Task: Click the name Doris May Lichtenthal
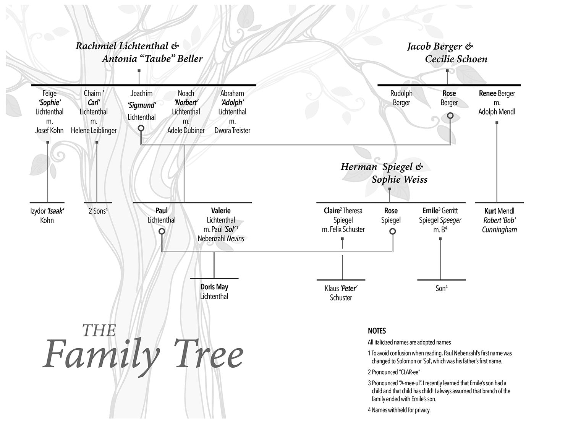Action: (214, 291)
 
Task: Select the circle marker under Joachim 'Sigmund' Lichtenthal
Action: (141, 128)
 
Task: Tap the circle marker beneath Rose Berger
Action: (450, 115)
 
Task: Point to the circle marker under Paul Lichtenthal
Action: (162, 231)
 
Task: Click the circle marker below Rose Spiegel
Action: (392, 231)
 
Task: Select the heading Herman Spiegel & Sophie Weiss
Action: (384, 173)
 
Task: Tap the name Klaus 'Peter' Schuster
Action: (341, 293)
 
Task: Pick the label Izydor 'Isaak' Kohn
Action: (47, 216)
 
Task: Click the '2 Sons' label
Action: (98, 211)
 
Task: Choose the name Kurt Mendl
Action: (499, 211)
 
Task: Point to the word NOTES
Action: (377, 331)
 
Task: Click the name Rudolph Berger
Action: (401, 98)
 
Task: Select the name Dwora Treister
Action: (232, 130)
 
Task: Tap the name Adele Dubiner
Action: (186, 130)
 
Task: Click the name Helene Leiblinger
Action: (94, 130)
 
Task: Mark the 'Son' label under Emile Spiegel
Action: (441, 288)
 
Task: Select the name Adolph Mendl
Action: (497, 112)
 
